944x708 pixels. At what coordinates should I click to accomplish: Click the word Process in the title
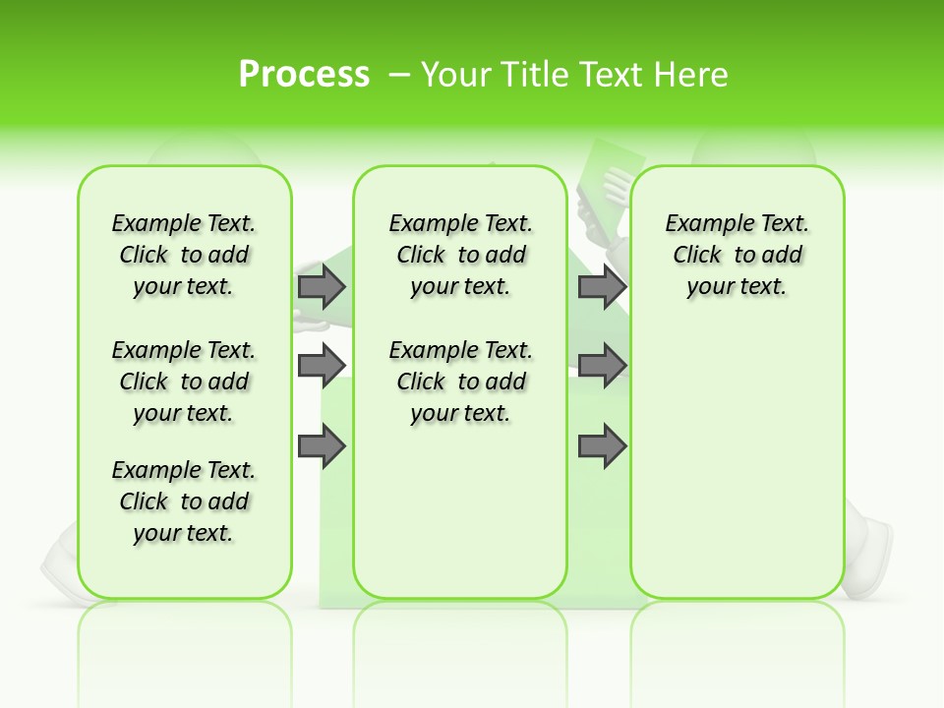304,74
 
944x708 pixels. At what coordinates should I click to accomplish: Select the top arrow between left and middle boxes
322,286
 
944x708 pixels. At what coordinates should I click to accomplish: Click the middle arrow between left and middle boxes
322,366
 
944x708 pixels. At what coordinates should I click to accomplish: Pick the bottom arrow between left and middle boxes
322,446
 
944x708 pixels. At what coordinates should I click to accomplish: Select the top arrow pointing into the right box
602,286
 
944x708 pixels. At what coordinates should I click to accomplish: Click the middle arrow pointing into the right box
602,366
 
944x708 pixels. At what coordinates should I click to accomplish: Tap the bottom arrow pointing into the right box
602,446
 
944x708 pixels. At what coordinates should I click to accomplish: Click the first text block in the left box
184,255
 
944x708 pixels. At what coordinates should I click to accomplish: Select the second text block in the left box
184,382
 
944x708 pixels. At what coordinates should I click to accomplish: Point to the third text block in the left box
184,501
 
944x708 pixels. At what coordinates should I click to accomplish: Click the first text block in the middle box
460,255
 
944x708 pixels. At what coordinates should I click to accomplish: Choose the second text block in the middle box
460,382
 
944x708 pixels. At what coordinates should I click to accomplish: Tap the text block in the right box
737,255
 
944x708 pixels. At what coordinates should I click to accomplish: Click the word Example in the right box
702,224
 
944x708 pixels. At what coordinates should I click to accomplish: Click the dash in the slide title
399,75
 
